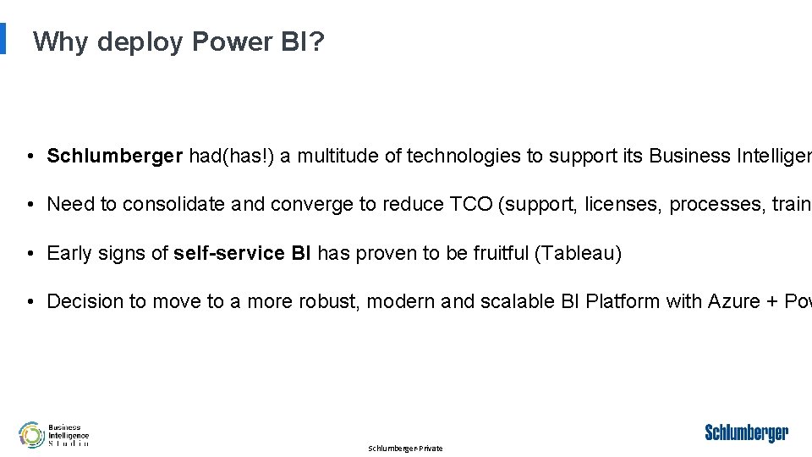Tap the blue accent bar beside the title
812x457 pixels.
[x=3, y=38]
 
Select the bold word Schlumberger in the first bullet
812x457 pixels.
[x=115, y=156]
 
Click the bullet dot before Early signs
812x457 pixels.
[x=30, y=254]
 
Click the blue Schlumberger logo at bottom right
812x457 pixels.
[x=746, y=433]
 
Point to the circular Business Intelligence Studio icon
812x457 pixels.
[x=32, y=435]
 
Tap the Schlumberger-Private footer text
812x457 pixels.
[x=405, y=449]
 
